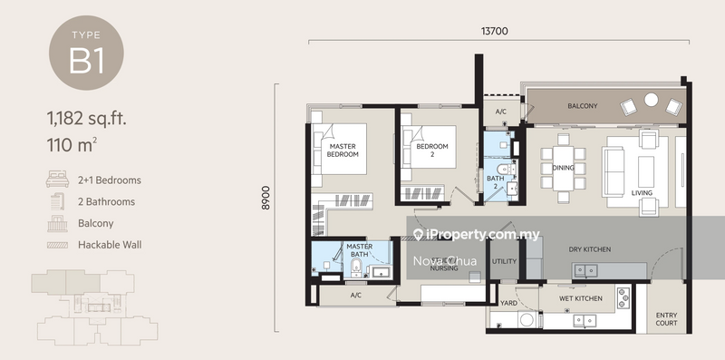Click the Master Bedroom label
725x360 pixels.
[x=343, y=151]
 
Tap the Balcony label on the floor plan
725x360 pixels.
[x=582, y=106]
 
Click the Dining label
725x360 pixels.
[x=563, y=168]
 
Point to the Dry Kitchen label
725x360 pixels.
[x=590, y=249]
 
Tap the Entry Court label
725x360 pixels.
[x=666, y=319]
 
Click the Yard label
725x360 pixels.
[x=508, y=304]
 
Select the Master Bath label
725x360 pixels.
[x=360, y=249]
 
